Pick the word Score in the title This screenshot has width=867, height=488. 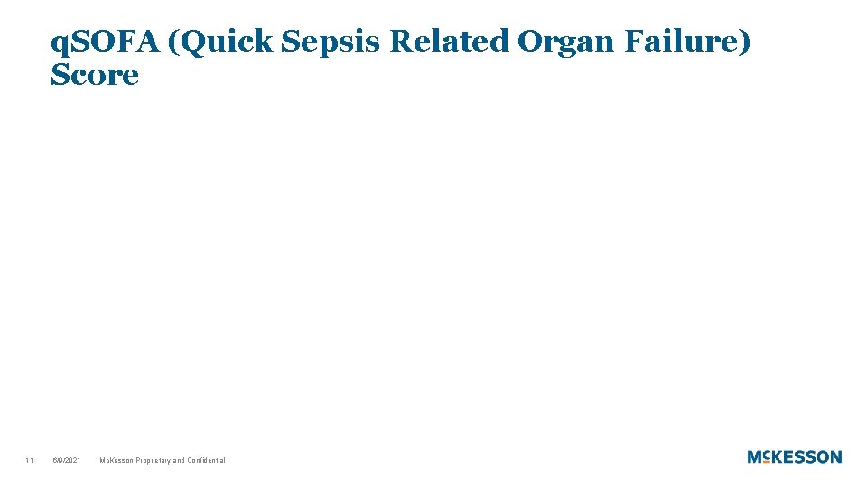point(95,76)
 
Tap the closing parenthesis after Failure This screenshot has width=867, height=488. point(744,42)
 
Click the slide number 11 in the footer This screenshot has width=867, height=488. point(30,461)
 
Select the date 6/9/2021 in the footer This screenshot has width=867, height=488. point(66,461)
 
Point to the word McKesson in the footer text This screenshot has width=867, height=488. point(117,461)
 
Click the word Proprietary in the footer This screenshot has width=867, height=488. point(154,461)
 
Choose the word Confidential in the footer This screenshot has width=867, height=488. point(207,461)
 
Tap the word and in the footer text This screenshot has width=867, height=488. point(180,461)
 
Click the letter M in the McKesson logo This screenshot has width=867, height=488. point(755,457)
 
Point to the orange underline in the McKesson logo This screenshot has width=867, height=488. point(767,462)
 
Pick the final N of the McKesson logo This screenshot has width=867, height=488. point(835,457)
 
